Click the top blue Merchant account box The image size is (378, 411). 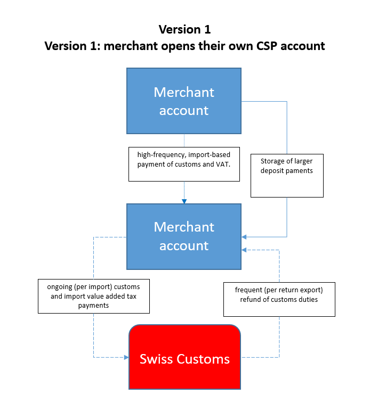[x=184, y=101]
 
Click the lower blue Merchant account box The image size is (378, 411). [x=184, y=236]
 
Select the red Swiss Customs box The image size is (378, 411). [x=184, y=357]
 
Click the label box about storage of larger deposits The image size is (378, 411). [x=287, y=176]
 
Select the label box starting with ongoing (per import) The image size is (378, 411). [x=93, y=296]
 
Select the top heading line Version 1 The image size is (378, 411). [x=184, y=29]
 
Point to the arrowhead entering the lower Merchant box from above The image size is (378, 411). [x=184, y=201]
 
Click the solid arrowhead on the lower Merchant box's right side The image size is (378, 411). [x=244, y=237]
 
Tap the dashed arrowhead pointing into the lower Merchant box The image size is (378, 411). [x=244, y=250]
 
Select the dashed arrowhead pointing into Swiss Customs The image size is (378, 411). [x=126, y=357]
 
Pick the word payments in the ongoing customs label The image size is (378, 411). [x=93, y=306]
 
